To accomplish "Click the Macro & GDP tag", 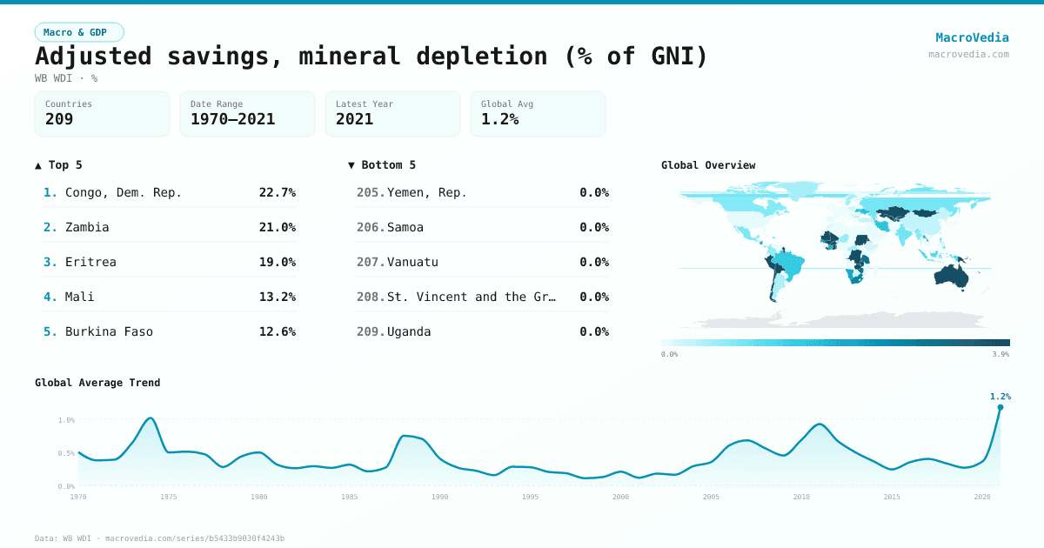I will pos(79,32).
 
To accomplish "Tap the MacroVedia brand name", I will pos(972,37).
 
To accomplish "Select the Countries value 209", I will pos(59,119).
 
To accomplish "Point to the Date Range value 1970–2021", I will pos(232,119).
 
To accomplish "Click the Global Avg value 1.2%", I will pos(499,119).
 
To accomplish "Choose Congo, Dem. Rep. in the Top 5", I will pos(124,192).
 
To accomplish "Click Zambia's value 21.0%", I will pos(277,227).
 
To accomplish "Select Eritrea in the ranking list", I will pos(90,262).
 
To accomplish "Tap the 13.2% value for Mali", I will pos(277,297).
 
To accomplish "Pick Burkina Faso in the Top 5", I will pos(109,331).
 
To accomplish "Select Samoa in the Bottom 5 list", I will pos(405,227).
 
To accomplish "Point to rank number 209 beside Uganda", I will pos(370,331).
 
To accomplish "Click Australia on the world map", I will pos(956,276).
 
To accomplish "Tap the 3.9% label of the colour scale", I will pos(1000,354).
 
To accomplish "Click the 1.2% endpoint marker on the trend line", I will pos(1000,407).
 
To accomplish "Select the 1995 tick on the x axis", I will pos(531,498).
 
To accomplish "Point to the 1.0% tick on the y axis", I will pos(66,420).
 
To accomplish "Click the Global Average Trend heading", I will pos(97,383).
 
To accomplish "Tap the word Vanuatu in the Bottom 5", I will pos(412,262).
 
